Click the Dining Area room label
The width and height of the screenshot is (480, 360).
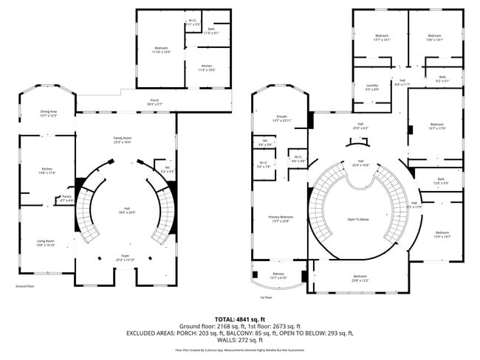tap(48, 113)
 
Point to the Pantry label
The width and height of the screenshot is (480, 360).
tap(66, 198)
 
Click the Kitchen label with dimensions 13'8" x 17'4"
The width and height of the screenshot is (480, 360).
tap(46, 171)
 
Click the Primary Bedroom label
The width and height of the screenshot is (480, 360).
tap(281, 218)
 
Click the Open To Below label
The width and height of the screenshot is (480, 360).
tap(357, 219)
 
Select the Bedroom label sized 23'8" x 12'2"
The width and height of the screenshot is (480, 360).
tap(360, 279)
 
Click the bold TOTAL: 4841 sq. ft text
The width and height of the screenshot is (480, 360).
tap(241, 319)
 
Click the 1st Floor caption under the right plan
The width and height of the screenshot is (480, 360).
tap(266, 297)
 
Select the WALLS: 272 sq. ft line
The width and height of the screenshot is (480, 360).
tap(241, 340)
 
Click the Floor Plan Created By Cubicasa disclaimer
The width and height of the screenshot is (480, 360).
tap(240, 350)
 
